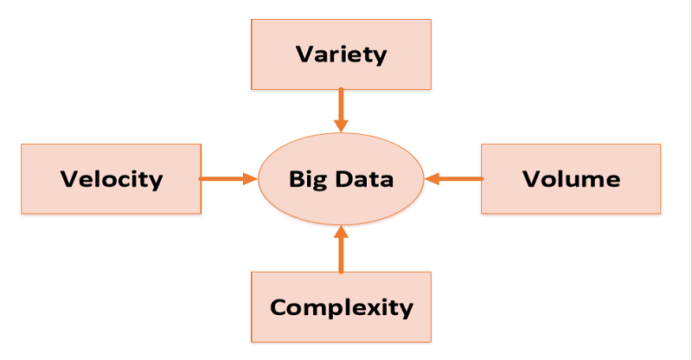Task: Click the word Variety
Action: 341,55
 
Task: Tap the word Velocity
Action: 112,179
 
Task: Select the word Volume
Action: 571,179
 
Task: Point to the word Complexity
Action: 341,307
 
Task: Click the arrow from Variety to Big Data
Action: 342,108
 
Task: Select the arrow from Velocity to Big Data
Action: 227,179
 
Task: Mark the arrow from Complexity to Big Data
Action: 342,251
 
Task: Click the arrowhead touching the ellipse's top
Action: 342,125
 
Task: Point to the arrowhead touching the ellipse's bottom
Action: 342,232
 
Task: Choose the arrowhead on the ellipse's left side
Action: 251,179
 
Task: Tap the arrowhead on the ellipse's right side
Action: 432,179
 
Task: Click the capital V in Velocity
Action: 68,179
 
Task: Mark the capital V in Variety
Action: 304,55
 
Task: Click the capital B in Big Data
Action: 296,179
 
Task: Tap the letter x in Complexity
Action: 382,308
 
